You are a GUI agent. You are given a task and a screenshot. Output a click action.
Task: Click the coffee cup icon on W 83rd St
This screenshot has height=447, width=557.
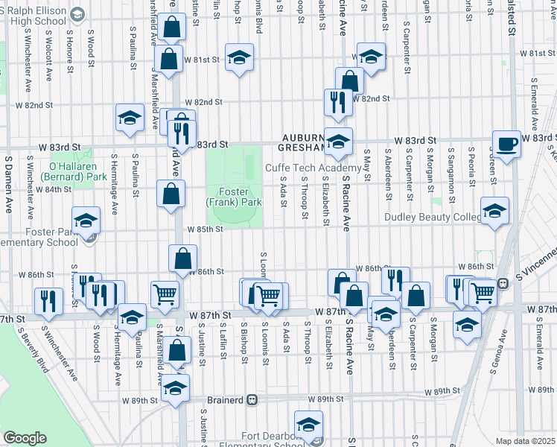[x=506, y=143]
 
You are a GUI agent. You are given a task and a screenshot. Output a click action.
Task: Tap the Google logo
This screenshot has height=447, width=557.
[x=25, y=438]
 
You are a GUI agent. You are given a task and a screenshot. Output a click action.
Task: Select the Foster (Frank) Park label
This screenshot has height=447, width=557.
[x=234, y=197]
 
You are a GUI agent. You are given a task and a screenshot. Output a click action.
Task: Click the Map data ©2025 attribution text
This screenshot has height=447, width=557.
[x=525, y=440]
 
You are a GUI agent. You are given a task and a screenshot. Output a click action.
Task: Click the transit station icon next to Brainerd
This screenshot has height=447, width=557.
[x=252, y=399]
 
